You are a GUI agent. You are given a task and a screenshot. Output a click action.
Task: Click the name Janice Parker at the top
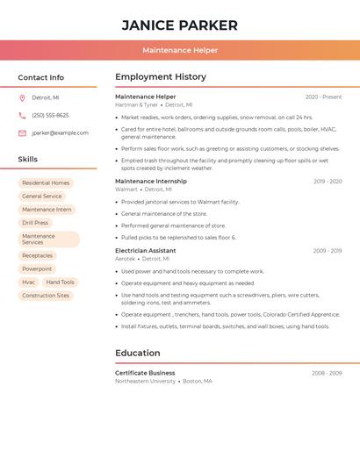point(179,25)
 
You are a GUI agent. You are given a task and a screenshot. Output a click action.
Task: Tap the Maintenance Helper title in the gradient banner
point(179,50)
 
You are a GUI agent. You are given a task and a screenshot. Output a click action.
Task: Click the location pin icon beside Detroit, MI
point(22,97)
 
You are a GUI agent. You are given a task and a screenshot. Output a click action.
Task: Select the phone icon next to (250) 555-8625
point(22,115)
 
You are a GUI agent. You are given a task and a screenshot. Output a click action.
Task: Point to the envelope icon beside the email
point(22,132)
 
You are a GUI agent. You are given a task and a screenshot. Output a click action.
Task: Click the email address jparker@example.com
point(60,132)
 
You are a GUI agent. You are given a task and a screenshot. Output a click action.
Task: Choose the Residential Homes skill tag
point(46,183)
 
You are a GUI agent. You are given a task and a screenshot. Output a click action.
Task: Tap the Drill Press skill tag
point(35,223)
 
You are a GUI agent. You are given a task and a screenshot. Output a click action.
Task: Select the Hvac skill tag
point(28,283)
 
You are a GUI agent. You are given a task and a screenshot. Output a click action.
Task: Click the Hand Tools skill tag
point(61,283)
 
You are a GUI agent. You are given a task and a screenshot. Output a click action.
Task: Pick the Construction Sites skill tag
point(46,296)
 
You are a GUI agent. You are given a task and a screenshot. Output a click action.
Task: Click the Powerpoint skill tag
point(37,268)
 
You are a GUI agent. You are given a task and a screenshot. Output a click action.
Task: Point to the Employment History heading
point(161,77)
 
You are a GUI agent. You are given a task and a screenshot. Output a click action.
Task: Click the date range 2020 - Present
point(323,97)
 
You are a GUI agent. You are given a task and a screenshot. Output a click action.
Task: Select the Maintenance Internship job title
point(151,181)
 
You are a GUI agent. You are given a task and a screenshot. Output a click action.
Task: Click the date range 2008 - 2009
point(327,373)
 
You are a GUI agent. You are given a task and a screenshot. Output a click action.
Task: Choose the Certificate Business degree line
point(145,373)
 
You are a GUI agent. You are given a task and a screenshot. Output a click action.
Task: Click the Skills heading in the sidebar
point(28,160)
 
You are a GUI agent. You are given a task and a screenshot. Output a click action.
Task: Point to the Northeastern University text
point(145,382)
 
